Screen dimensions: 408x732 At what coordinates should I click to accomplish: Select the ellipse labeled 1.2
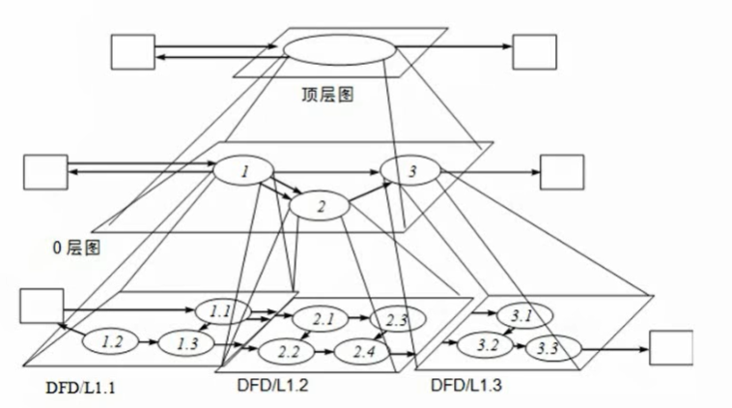click(x=112, y=340)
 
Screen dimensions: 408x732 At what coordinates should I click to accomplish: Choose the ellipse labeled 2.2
click(x=288, y=349)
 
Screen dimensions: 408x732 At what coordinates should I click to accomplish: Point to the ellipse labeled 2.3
click(x=396, y=319)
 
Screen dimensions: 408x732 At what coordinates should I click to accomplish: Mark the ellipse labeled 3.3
click(x=549, y=347)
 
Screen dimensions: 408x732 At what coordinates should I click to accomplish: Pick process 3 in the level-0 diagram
click(x=411, y=172)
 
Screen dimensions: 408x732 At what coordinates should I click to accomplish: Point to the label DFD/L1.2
click(x=272, y=385)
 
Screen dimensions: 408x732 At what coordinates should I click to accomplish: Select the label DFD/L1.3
click(x=467, y=385)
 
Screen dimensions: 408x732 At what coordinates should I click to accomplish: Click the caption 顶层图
click(x=327, y=96)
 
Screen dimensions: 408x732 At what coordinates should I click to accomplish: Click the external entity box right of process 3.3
click(x=671, y=348)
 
